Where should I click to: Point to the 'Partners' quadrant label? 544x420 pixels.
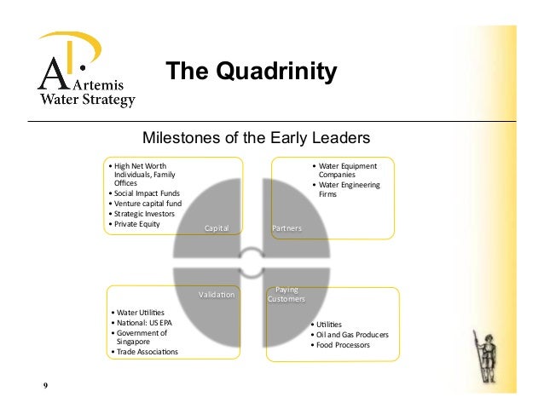(286, 229)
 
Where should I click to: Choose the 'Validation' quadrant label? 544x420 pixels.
(216, 295)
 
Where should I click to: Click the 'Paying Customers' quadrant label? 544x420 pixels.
(286, 295)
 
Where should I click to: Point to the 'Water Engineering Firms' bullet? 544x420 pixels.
(350, 189)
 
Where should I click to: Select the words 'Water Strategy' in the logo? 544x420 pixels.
(89, 101)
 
